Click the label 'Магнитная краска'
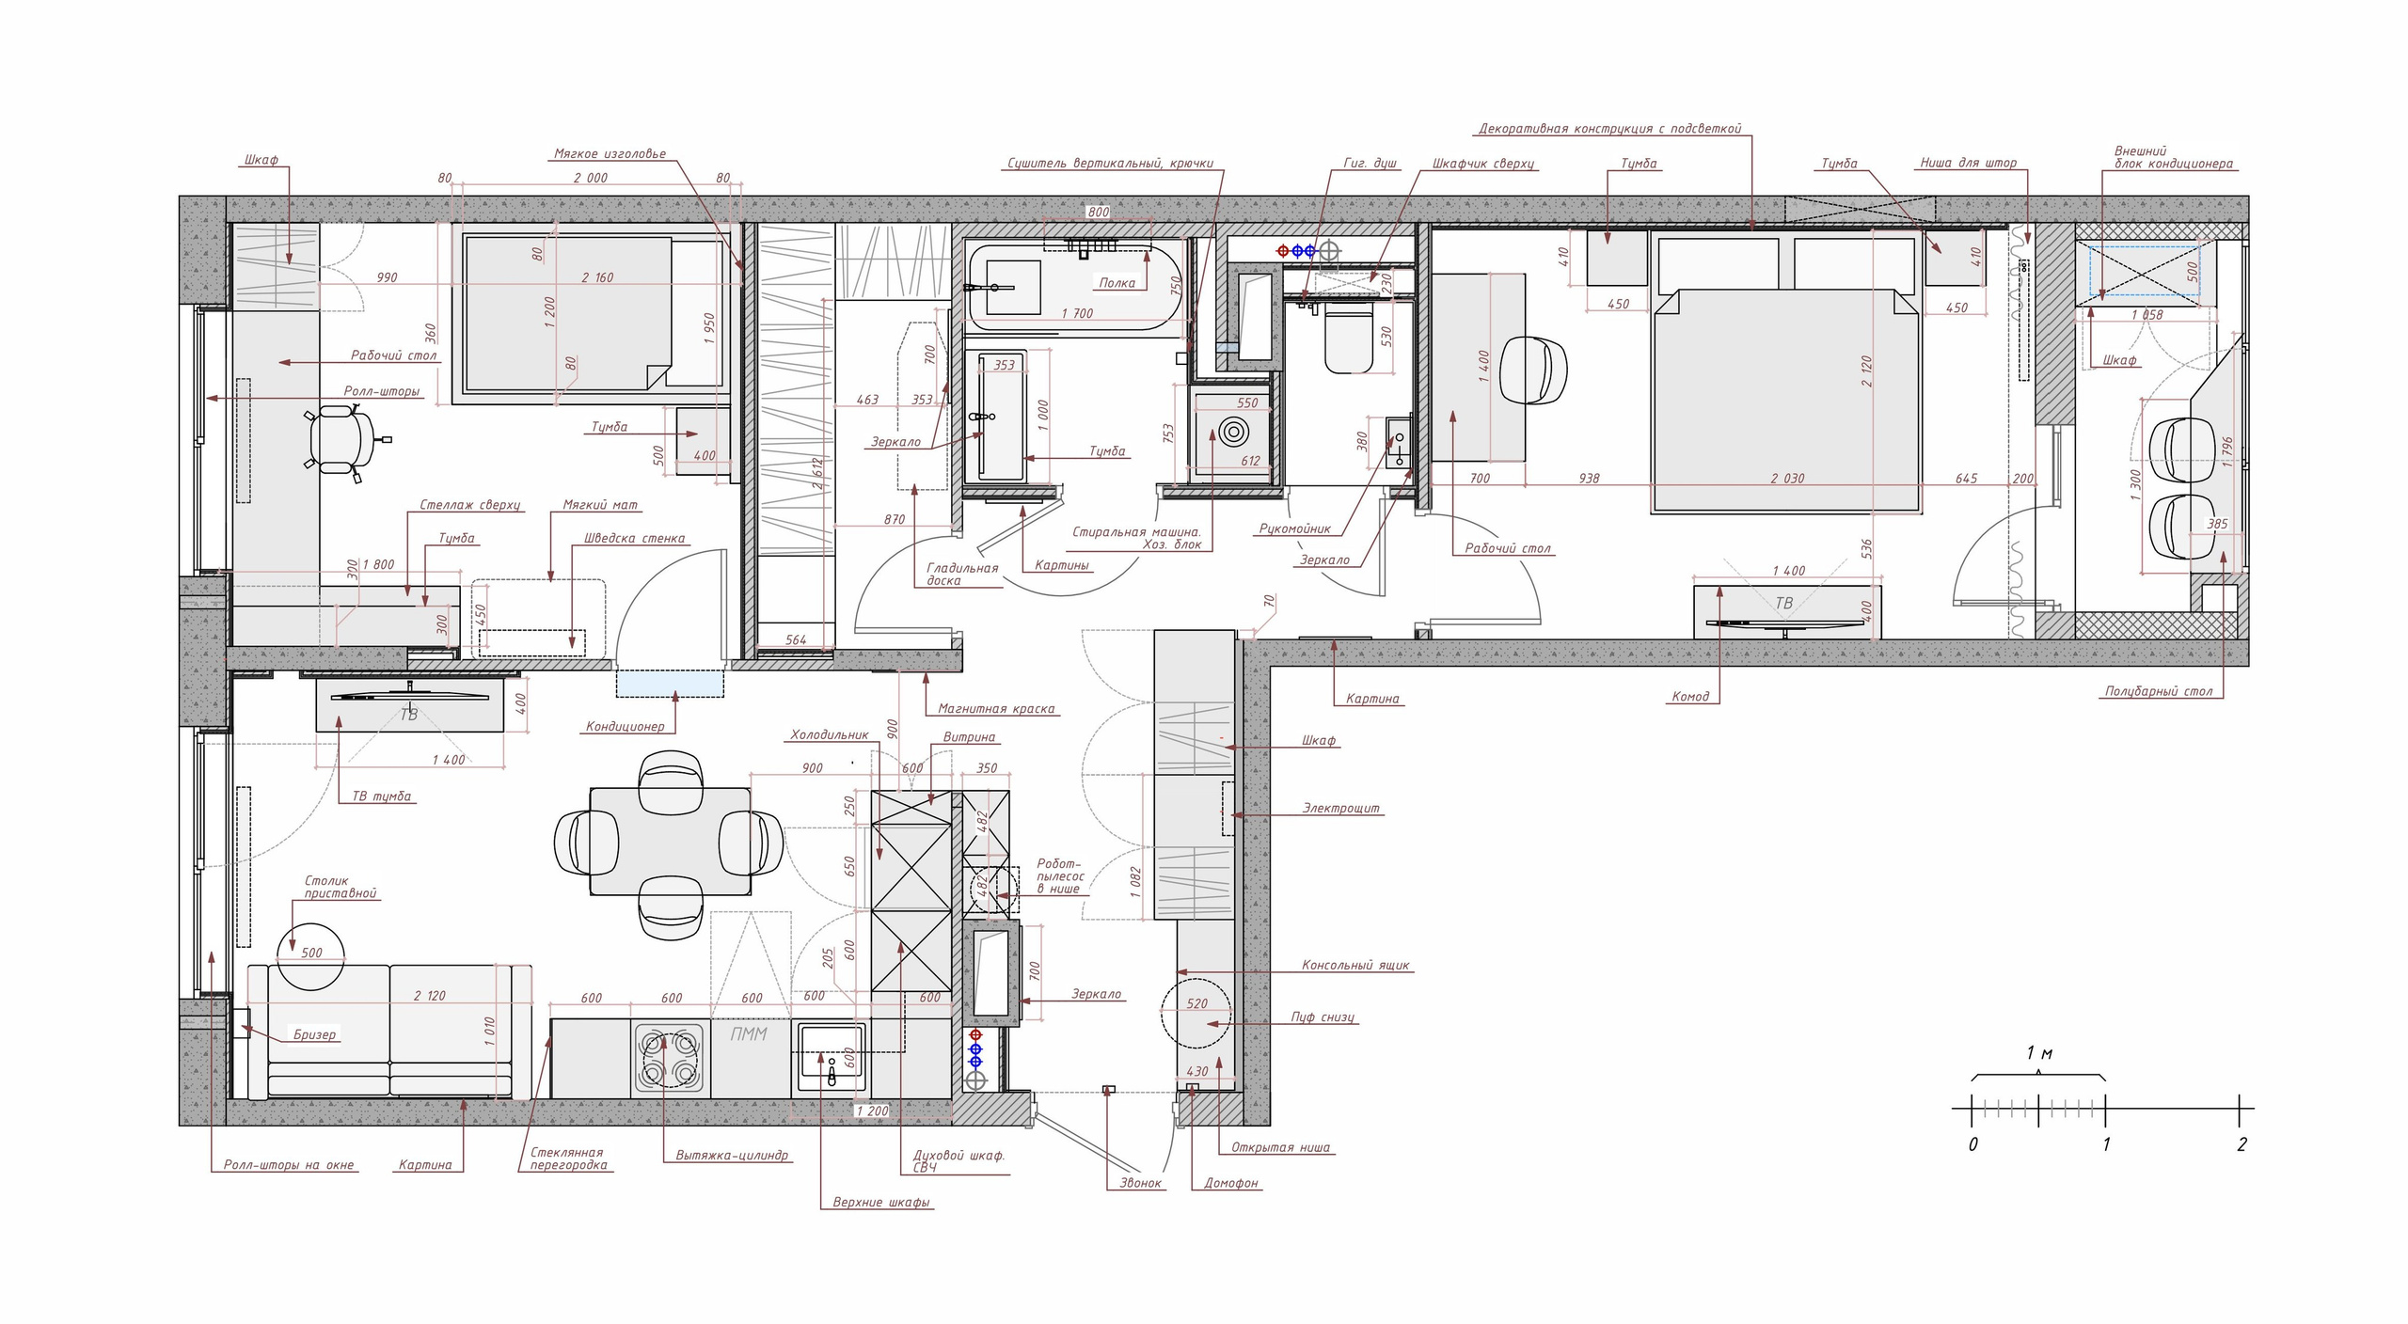996,709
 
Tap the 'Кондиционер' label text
626,726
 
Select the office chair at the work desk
339,441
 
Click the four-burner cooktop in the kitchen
669,1056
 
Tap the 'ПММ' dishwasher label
750,1033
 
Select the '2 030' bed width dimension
1787,479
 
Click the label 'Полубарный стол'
2158,691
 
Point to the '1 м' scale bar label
2039,1053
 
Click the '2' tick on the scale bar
2241,1144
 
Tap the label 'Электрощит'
1341,808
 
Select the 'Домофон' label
1231,1183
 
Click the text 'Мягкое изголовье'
610,153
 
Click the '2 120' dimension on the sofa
430,996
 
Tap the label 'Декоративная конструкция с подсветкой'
1610,129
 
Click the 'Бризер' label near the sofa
314,1034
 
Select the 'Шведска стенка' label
635,539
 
